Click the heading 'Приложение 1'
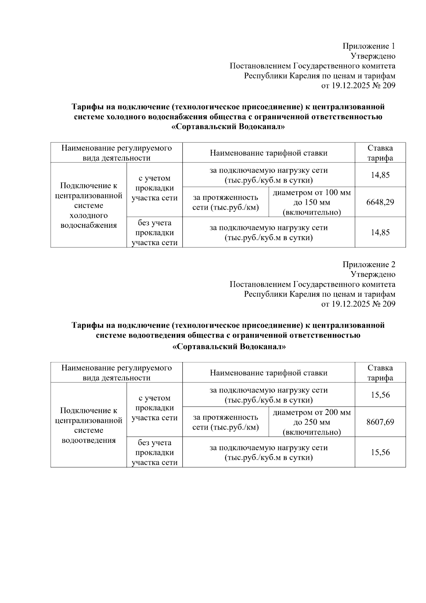tap(368, 46)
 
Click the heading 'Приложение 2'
tap(368, 264)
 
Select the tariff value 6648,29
tap(380, 202)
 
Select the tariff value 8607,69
tap(380, 422)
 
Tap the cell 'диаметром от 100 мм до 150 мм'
tap(311, 202)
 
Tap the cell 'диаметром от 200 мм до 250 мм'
tap(311, 422)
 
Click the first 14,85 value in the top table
tap(380, 175)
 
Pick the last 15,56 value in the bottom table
tap(380, 452)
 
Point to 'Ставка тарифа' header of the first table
tap(380, 153)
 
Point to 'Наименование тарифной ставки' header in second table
tap(268, 373)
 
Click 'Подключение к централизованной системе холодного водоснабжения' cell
tap(88, 205)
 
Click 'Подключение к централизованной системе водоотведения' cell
tap(88, 425)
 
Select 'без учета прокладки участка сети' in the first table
tap(154, 233)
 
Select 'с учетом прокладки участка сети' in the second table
tap(154, 408)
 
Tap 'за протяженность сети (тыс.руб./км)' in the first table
tap(225, 202)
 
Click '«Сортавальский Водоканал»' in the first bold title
tap(228, 127)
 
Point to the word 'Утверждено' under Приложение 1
tap(373, 56)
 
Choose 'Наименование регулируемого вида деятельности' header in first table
tap(116, 153)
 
